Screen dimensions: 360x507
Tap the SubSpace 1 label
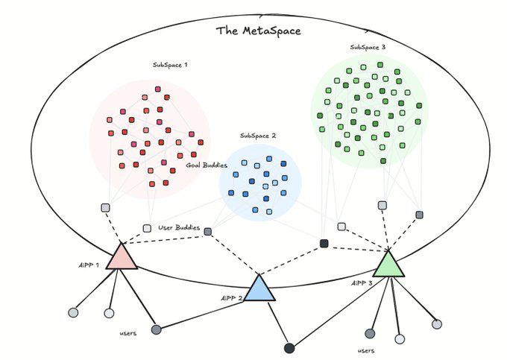click(x=170, y=65)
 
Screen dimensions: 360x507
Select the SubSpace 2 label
click(x=258, y=136)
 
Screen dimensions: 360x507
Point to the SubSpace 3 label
click(x=368, y=47)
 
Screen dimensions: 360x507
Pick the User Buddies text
click(x=179, y=227)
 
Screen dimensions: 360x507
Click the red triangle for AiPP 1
click(x=121, y=257)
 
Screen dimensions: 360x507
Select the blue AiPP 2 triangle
click(x=259, y=288)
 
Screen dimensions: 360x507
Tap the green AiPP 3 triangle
click(x=388, y=265)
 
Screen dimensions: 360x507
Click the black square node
click(x=324, y=244)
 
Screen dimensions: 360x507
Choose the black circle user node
click(x=289, y=347)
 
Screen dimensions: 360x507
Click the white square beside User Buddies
click(x=147, y=228)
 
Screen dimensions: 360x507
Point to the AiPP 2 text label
click(x=232, y=298)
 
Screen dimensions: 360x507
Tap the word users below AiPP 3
click(x=365, y=350)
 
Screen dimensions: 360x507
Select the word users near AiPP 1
click(x=127, y=333)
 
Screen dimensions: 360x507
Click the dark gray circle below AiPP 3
click(x=369, y=333)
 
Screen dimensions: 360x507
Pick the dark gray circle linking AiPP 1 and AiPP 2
click(x=156, y=329)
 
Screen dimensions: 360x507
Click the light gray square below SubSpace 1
click(x=105, y=208)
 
